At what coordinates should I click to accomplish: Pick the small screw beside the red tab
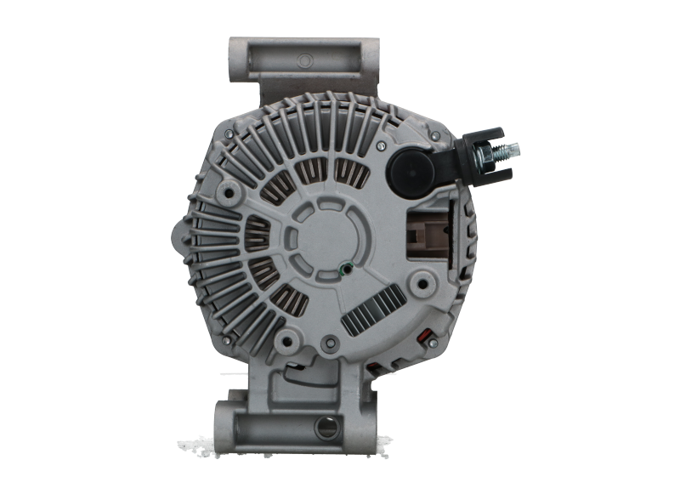tap(432, 342)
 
